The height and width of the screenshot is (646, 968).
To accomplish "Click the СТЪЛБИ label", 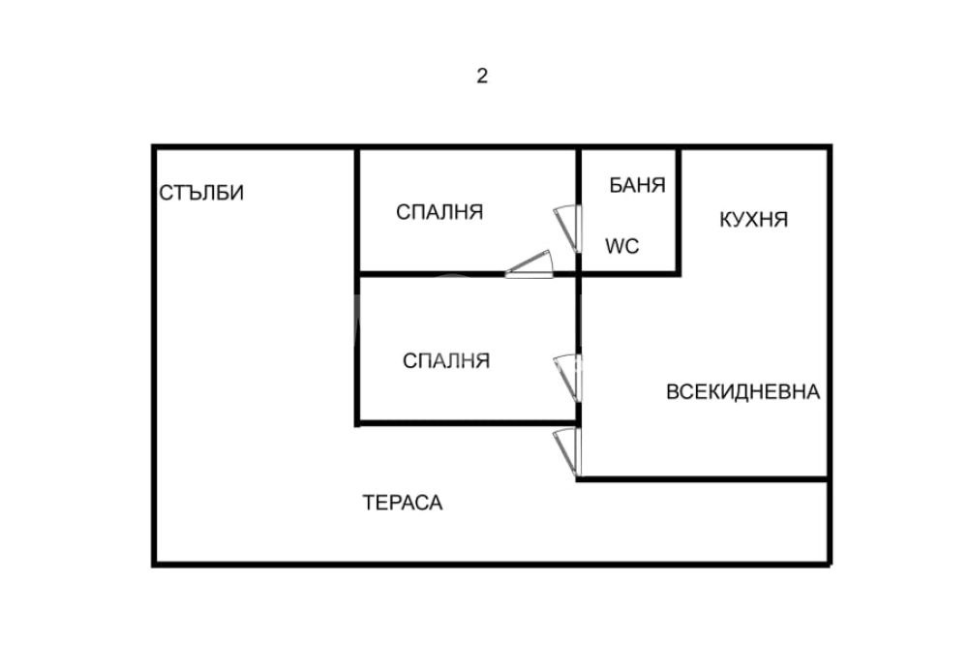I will tap(201, 193).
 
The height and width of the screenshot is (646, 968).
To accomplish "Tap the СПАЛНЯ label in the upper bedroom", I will tap(439, 212).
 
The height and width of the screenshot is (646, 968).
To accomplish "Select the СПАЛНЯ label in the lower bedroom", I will tap(446, 361).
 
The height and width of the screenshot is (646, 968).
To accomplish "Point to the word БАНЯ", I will tap(637, 186).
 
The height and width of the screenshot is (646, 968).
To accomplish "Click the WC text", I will tap(621, 246).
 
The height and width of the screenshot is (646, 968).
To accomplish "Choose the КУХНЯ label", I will tap(753, 220).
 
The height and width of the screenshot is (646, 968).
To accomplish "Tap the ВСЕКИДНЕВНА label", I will tap(742, 392).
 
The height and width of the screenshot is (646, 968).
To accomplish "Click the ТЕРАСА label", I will tap(403, 503).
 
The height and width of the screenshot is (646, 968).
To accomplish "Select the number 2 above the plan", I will tap(481, 77).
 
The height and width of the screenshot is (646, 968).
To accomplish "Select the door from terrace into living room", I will tap(566, 452).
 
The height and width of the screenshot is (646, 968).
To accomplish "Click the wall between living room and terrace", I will tap(702, 478).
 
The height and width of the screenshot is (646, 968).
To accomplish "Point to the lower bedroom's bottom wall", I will tap(465, 422).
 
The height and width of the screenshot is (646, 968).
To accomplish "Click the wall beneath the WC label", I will tap(629, 273).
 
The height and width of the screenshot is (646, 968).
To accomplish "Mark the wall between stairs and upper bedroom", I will tap(357, 208).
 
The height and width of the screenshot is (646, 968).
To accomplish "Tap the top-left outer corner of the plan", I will tap(154, 147).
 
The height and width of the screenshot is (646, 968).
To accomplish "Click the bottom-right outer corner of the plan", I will tap(830, 564).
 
